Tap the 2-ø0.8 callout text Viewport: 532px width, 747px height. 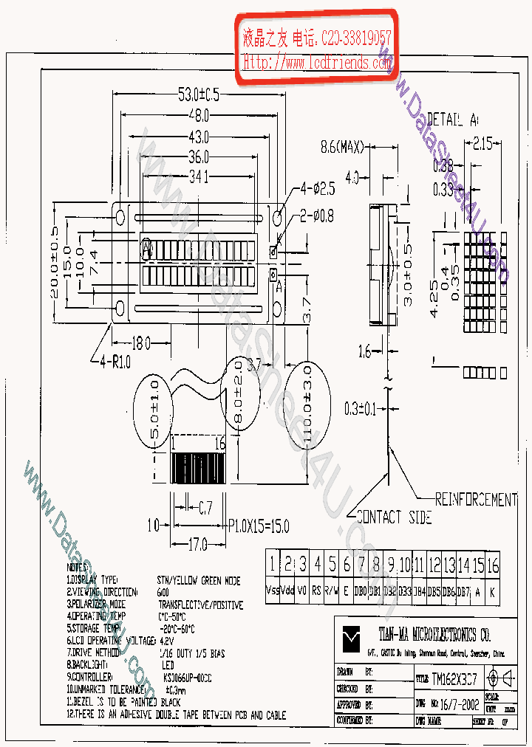[318, 216]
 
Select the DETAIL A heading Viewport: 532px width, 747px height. [453, 120]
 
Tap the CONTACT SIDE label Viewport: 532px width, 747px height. [393, 517]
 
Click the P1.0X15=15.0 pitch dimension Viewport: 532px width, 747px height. [258, 526]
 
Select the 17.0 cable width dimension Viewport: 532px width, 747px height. [197, 545]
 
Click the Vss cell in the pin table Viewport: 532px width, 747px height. [273, 591]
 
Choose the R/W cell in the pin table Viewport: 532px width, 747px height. [332, 591]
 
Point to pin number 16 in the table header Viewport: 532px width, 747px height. [493, 566]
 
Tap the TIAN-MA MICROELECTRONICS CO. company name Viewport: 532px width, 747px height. [434, 634]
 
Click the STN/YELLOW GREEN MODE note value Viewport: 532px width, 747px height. [199, 581]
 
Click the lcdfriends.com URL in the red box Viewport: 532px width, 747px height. [318, 63]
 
